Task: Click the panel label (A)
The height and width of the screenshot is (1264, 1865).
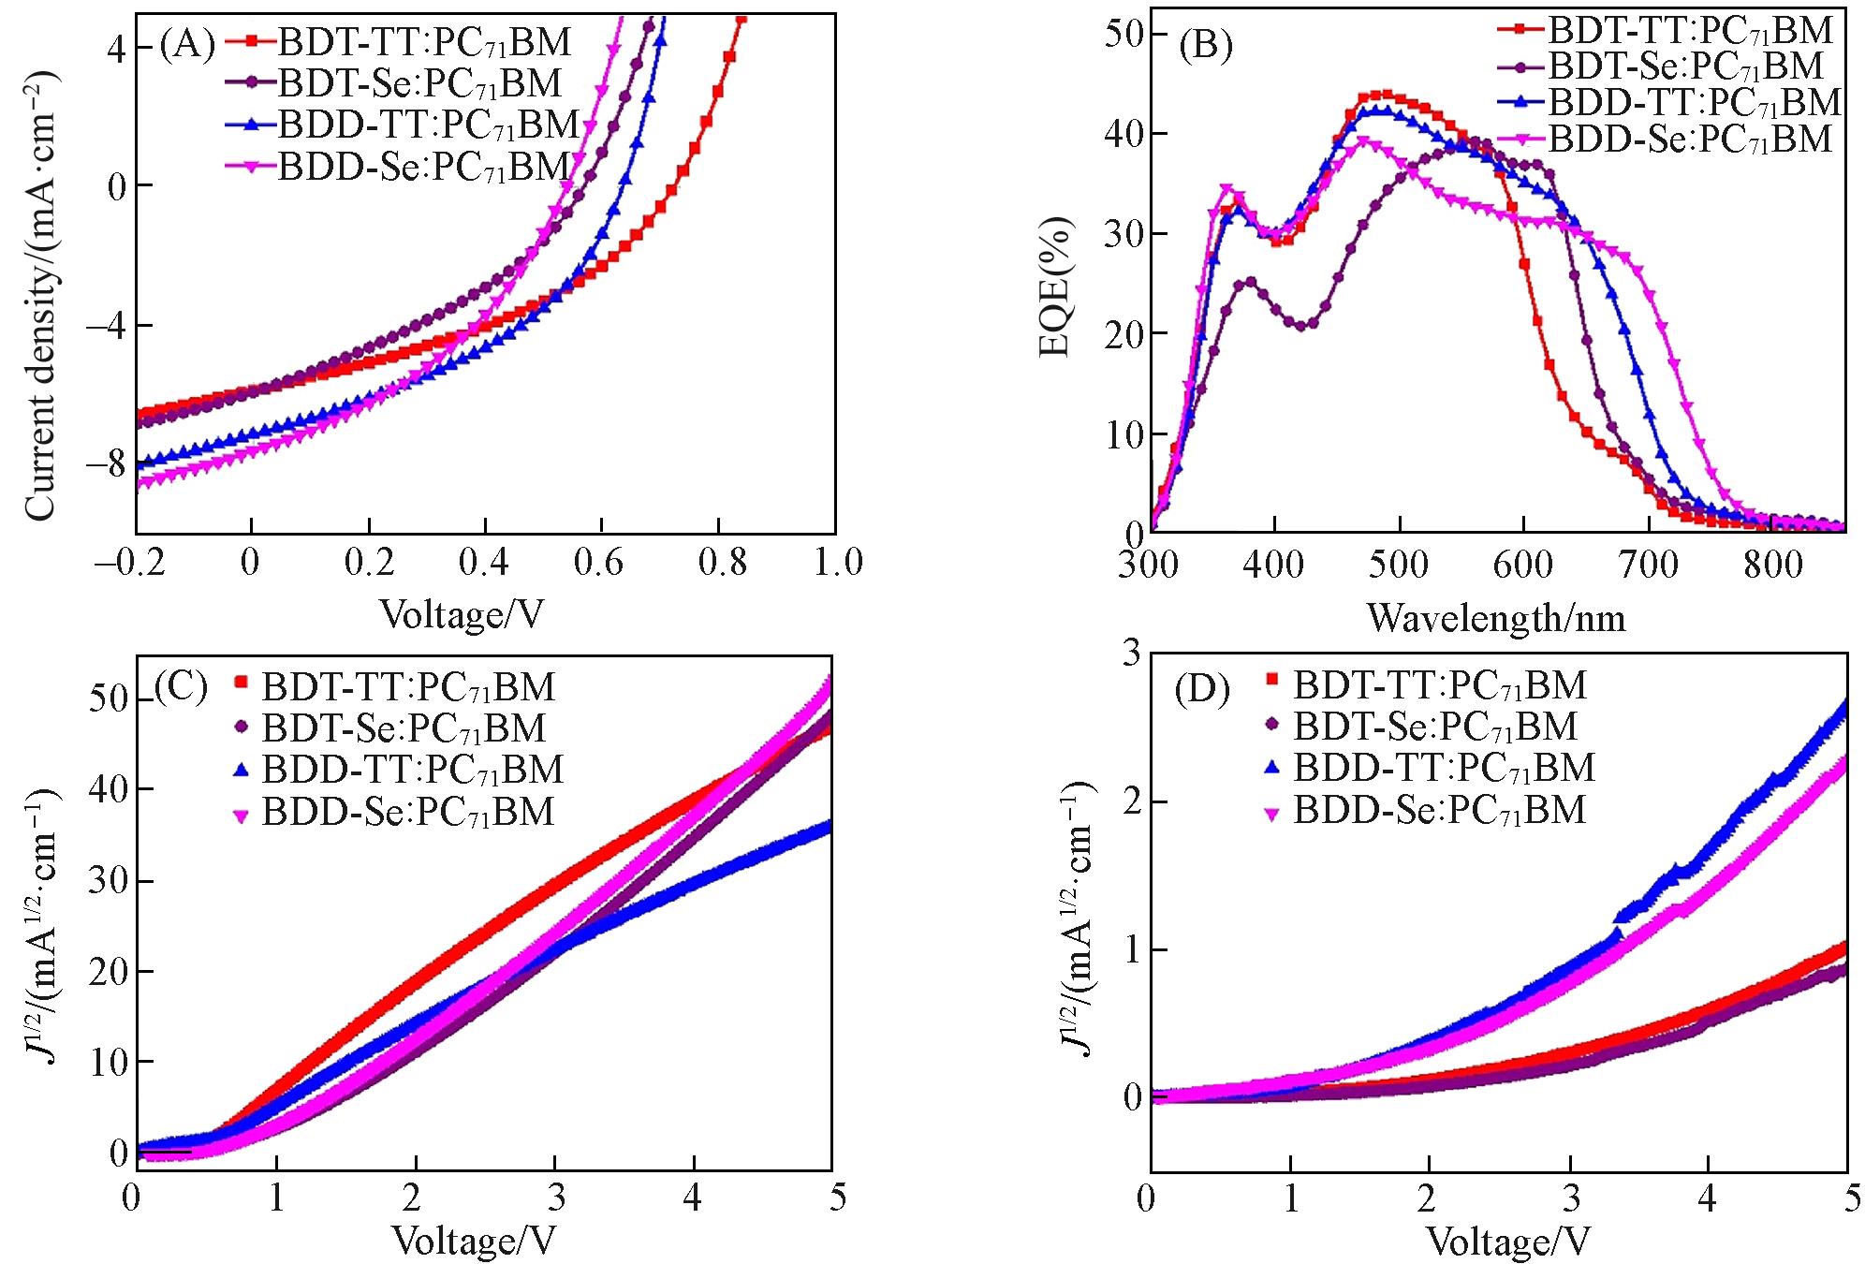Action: click(187, 44)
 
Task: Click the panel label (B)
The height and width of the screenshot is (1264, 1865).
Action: click(1205, 44)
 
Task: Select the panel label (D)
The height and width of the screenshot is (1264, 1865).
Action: click(1201, 690)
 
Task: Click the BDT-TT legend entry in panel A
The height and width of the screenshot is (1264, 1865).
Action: click(424, 42)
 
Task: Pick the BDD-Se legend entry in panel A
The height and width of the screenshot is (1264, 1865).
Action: click(424, 167)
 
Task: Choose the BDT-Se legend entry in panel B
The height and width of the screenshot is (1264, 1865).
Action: click(1685, 66)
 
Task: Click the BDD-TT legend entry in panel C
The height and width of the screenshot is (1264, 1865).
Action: click(412, 770)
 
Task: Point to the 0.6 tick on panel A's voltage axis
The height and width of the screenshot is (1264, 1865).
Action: click(598, 562)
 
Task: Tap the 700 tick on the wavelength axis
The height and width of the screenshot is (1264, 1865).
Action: click(1649, 564)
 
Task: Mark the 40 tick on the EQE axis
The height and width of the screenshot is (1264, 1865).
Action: click(1123, 134)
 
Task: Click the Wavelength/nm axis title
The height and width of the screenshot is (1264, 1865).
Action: click(1495, 618)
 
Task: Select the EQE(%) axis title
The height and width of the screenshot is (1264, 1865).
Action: click(1055, 287)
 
